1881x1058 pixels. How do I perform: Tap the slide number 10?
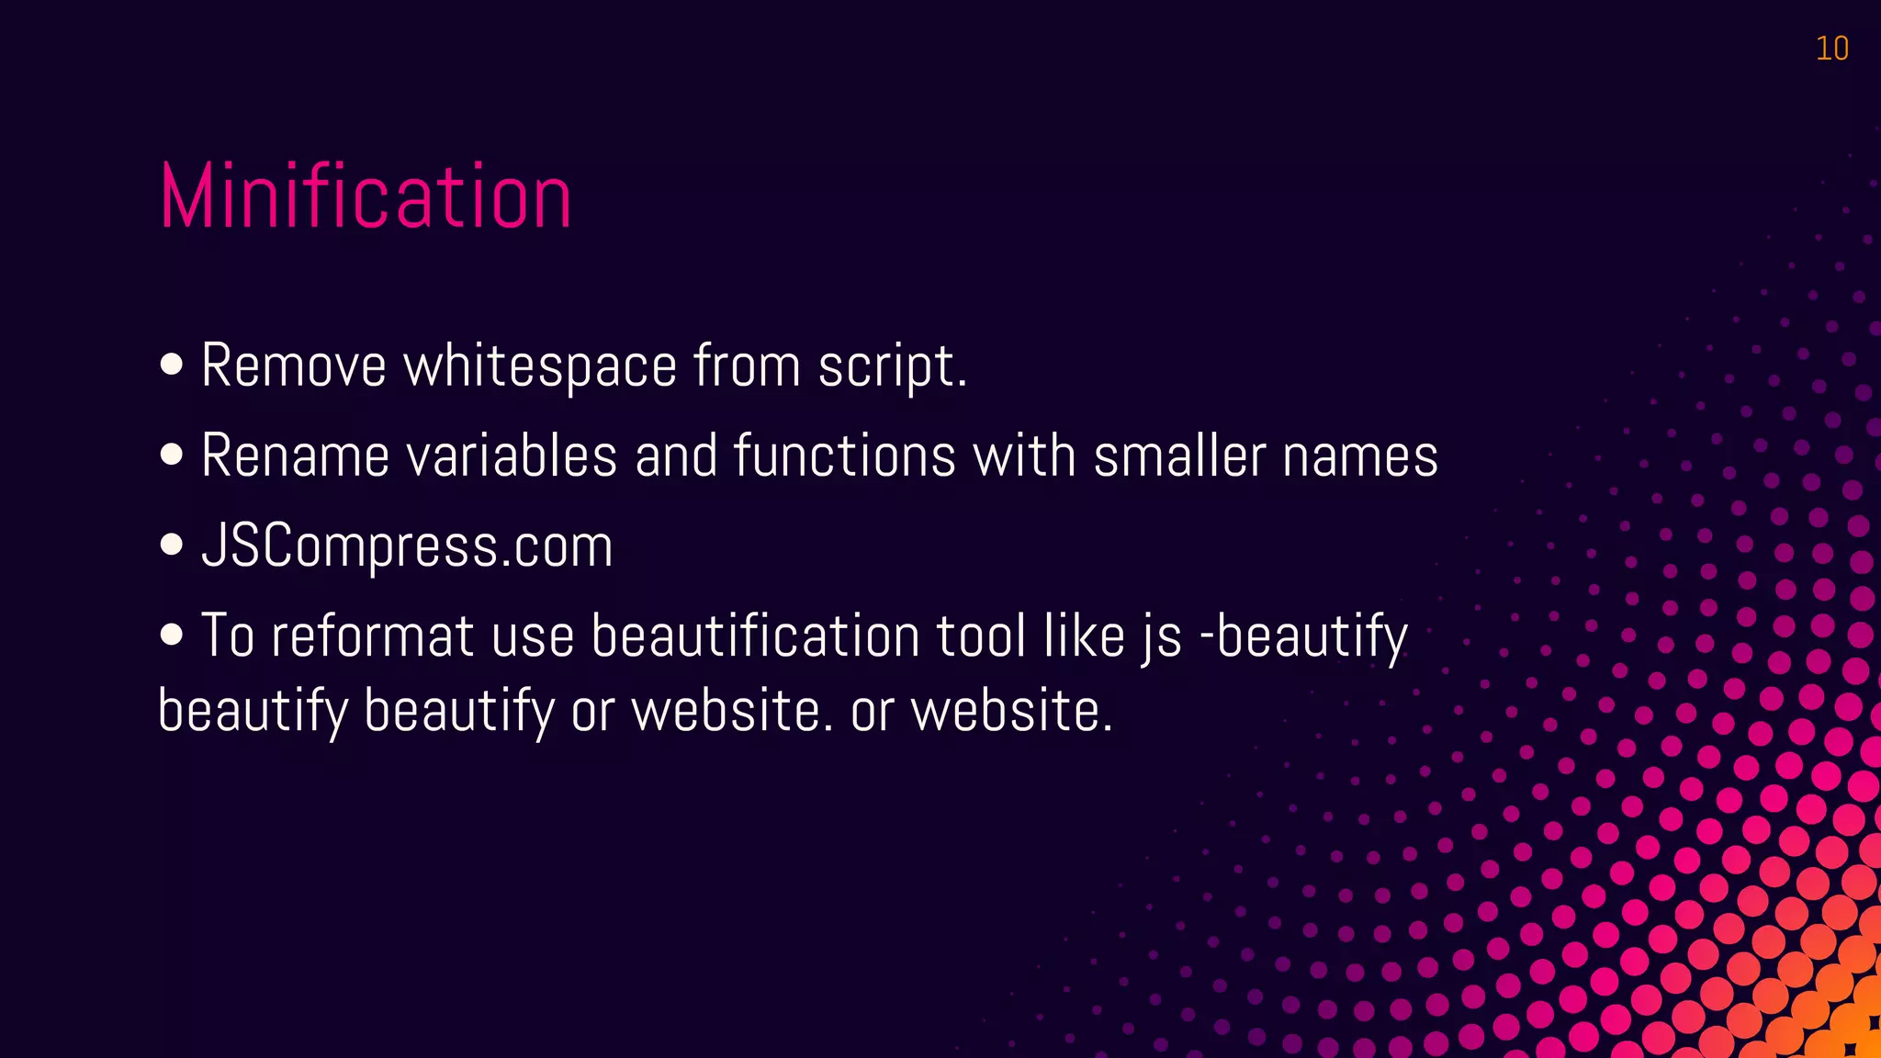pos(1831,49)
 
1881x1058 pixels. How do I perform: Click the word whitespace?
pos(540,366)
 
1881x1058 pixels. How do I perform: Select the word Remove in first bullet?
pos(293,366)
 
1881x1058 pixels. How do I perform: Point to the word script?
pos(891,366)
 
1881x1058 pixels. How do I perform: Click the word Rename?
pos(295,456)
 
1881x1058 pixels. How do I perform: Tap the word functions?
pos(844,456)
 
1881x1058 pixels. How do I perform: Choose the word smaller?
pos(1179,456)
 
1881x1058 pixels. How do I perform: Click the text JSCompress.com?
pos(407,546)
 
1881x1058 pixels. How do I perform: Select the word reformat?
pos(372,636)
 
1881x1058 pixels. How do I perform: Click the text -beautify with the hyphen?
pos(1304,636)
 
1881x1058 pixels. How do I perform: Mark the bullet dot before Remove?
pos(172,365)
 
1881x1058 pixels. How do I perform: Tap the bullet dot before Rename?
pos(172,455)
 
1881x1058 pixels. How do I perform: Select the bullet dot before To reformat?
pos(172,635)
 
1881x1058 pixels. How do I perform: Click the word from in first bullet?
pos(747,366)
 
